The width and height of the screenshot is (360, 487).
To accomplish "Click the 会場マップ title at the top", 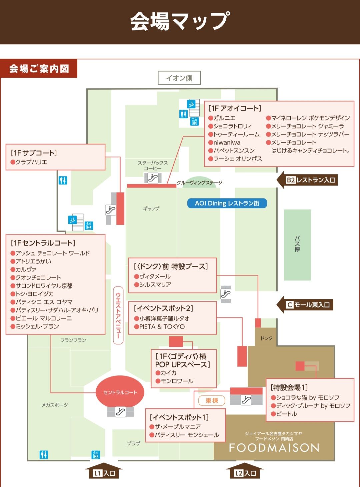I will pyautogui.click(x=180, y=21).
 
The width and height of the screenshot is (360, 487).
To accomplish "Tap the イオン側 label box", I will pyautogui.click(x=179, y=78).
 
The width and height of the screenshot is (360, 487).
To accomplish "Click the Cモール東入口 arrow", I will pyautogui.click(x=305, y=305).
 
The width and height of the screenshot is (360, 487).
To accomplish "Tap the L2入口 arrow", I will pyautogui.click(x=245, y=472).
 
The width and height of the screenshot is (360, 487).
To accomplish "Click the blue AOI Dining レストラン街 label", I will pyautogui.click(x=227, y=203).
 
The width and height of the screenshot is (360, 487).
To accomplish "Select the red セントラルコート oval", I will pyautogui.click(x=120, y=392).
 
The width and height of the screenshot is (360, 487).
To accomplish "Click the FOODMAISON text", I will pyautogui.click(x=274, y=448).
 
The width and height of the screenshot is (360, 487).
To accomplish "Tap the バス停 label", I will pyautogui.click(x=297, y=244).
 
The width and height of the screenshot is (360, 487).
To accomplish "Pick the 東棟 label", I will pyautogui.click(x=212, y=400).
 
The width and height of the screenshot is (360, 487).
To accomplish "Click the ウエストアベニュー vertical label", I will pyautogui.click(x=118, y=315).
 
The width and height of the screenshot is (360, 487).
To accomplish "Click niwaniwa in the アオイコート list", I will pyautogui.click(x=227, y=143).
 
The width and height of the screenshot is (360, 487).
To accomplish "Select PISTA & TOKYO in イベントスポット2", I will pyautogui.click(x=162, y=327).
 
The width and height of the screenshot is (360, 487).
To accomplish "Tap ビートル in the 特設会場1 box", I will pyautogui.click(x=286, y=414).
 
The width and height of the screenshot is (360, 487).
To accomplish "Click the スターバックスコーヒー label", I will pyautogui.click(x=153, y=166).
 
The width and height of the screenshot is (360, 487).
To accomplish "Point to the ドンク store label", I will pyautogui.click(x=266, y=338).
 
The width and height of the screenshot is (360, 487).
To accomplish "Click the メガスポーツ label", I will pyautogui.click(x=55, y=405).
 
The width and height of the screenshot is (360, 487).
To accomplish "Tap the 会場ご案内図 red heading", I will pyautogui.click(x=39, y=69).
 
